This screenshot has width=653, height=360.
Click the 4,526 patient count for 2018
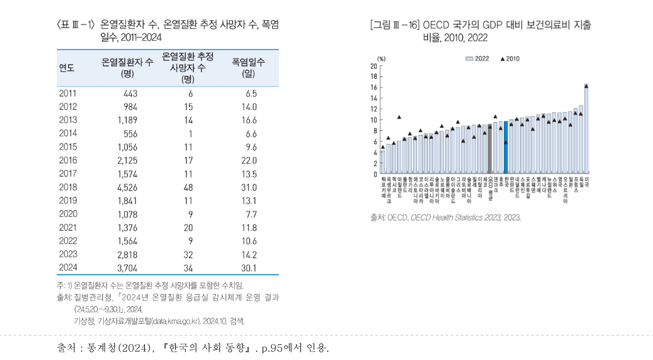coord(127,187)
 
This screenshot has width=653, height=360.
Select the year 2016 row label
coord(68,160)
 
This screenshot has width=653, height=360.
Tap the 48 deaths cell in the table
coord(188,187)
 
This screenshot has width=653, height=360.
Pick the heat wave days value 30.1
coord(249,268)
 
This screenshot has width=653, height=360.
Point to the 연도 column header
coord(67,68)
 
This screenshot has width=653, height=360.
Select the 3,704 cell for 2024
coord(127,268)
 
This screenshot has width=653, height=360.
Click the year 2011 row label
coord(68,93)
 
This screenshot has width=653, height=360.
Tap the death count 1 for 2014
coord(190,134)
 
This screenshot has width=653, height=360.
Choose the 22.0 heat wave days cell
coord(249,160)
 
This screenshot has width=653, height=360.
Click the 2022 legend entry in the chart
coord(477,58)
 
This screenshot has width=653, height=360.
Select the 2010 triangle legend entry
coord(510,58)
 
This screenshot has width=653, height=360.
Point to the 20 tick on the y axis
coord(374,66)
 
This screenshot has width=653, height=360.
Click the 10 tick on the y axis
coord(374,120)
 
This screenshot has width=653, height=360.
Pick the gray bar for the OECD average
coord(490,150)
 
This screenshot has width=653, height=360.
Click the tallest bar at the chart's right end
coord(586,129)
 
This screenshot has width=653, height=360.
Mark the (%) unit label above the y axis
coord(381,59)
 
